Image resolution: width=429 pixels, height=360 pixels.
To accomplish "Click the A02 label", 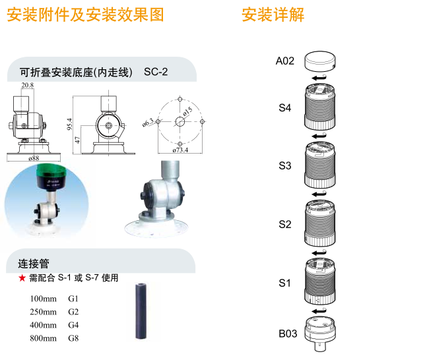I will point(284,61).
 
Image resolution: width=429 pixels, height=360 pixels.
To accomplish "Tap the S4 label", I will point(284,107).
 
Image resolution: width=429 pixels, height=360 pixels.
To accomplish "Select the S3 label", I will point(284,165).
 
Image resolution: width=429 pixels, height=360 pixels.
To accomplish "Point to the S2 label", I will point(284,224).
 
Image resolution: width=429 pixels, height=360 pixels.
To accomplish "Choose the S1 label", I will point(284,283).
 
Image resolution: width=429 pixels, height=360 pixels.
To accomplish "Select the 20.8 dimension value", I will point(27,86).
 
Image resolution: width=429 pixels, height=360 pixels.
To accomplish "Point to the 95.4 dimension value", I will point(69,124).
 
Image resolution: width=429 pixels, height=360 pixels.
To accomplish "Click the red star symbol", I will point(22,278).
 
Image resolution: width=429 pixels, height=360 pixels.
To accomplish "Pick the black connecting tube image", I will point(141,311).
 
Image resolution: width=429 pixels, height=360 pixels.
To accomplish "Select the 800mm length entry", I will point(44,338).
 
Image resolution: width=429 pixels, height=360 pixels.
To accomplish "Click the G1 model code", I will point(73,299).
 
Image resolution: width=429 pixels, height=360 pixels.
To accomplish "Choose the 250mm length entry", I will point(44,312).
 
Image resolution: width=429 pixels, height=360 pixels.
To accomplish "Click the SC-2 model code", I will point(156,71).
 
